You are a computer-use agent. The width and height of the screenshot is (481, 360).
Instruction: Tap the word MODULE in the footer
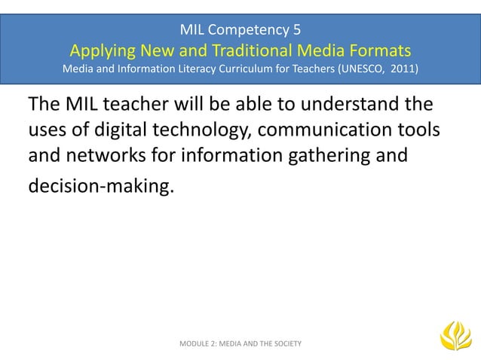click(197, 343)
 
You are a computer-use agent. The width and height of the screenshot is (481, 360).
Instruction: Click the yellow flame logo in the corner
click(455, 335)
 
